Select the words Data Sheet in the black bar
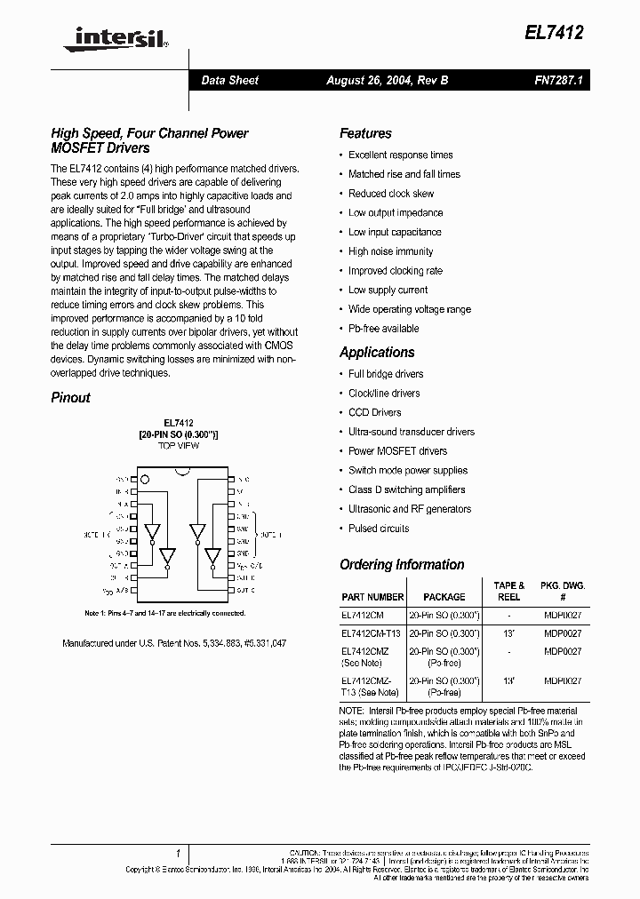(x=229, y=80)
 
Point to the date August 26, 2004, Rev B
(x=387, y=80)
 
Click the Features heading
(x=365, y=133)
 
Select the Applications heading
(x=377, y=352)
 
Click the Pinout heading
(x=70, y=398)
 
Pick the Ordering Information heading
(x=402, y=565)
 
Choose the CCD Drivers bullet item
(x=374, y=412)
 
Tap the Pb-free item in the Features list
(x=383, y=329)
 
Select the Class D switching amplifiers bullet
(x=407, y=489)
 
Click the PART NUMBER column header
(x=372, y=597)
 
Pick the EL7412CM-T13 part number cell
(x=371, y=633)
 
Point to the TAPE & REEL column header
(x=508, y=592)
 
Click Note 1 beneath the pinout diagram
(x=157, y=614)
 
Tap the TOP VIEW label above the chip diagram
(x=179, y=445)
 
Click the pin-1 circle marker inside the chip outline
(x=148, y=481)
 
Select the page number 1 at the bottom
(x=179, y=851)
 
